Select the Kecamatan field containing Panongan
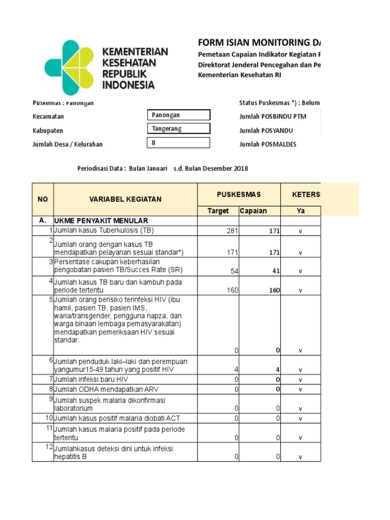pos(178,116)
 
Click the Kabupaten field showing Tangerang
pos(178,129)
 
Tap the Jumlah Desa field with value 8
pos(178,143)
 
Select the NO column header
pos(43,199)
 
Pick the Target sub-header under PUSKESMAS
pos(218,211)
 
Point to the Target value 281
pos(232,232)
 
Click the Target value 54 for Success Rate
pos(234,271)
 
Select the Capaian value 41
pos(276,271)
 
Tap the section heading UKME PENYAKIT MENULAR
pos(101,221)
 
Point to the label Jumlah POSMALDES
pos(268,144)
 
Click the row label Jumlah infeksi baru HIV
pos(91,379)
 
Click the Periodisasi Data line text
pos(162,169)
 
